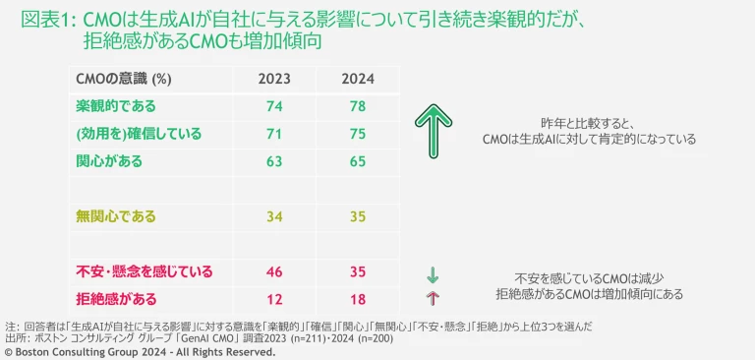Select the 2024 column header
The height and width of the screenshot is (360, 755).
[357, 80]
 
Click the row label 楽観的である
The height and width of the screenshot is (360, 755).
[116, 105]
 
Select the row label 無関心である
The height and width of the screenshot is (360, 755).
[116, 214]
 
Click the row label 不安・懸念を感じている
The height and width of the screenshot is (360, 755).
[144, 270]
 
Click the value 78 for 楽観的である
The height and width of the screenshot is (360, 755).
[357, 105]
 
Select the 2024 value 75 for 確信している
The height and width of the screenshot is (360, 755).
[357, 133]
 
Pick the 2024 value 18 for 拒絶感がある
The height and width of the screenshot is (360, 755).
[357, 297]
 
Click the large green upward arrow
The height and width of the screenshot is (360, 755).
[431, 132]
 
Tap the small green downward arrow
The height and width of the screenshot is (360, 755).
[432, 272]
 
